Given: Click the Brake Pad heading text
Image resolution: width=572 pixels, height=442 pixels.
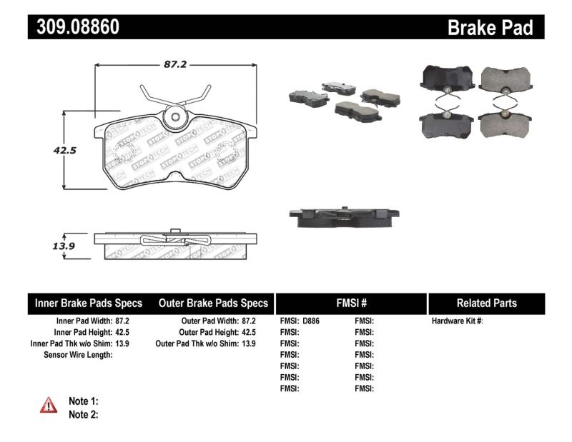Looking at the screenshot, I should [490, 28].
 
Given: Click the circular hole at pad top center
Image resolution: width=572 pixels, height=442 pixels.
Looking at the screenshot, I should [176, 119].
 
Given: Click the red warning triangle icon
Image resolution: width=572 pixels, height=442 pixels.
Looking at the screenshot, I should [49, 406].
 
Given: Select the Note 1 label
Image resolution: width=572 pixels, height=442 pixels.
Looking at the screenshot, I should [83, 401].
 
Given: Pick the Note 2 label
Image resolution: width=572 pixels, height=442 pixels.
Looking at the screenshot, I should [83, 413].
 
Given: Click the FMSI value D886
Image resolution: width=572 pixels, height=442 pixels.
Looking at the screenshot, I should [310, 321].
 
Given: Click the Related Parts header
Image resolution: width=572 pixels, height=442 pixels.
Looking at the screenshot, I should [486, 303].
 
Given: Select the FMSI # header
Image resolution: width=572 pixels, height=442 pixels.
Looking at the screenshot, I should [351, 303].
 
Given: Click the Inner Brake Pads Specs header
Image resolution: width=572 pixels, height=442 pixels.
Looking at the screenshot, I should [89, 303].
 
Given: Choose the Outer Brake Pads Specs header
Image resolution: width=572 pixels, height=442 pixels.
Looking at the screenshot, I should [213, 303].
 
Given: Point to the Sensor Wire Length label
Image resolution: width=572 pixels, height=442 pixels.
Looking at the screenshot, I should [78, 355].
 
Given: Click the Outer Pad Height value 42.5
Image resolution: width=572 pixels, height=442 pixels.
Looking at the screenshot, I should [247, 332].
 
